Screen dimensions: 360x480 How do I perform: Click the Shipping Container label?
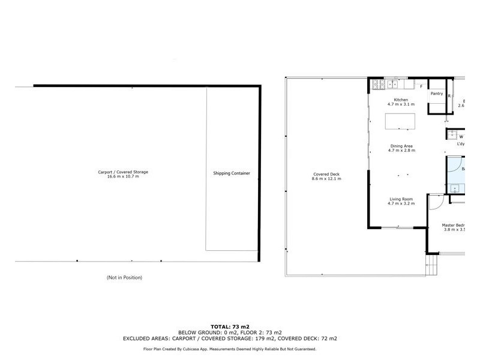tap(232, 173)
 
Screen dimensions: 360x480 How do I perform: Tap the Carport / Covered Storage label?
tap(123, 172)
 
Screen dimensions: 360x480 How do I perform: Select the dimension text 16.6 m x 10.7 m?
tap(123, 177)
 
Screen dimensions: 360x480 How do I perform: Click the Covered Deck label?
tap(326, 174)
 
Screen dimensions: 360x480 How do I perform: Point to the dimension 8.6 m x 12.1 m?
tap(326, 179)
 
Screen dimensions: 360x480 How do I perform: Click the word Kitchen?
tap(400, 100)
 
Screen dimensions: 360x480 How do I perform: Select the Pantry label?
tap(437, 94)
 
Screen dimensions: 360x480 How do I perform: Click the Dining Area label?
tap(401, 146)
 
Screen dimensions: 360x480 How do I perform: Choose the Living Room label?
tap(400, 199)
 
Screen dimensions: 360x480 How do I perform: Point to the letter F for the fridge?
tap(421, 87)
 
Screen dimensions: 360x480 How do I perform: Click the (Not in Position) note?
tap(124, 278)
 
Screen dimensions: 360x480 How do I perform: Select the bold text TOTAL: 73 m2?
tap(239, 327)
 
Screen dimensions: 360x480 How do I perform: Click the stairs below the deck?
tap(431, 265)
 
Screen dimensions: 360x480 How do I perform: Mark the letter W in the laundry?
tap(461, 137)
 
